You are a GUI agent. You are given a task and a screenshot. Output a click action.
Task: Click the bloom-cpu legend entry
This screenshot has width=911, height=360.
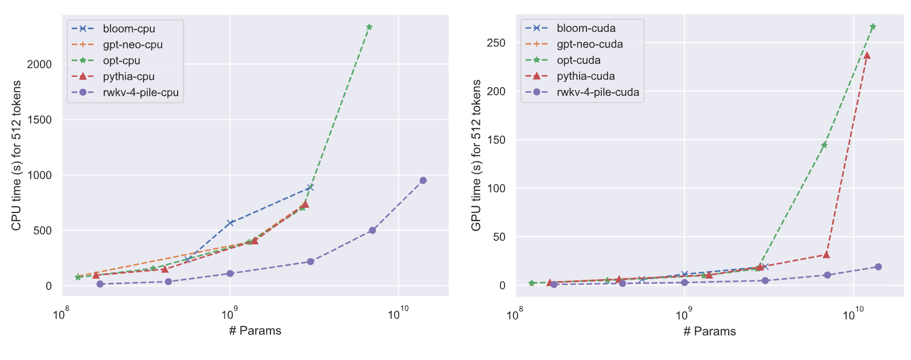(113, 29)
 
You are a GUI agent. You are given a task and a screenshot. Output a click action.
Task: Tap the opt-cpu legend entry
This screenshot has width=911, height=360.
(106, 60)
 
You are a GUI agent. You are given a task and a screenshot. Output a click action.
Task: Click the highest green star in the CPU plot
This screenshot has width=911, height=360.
(370, 27)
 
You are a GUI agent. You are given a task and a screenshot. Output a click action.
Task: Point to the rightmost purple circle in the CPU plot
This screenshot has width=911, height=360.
(423, 180)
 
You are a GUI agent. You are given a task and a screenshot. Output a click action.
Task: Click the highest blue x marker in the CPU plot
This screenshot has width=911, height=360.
(310, 187)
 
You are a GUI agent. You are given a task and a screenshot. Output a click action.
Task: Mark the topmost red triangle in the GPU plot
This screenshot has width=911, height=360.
(867, 55)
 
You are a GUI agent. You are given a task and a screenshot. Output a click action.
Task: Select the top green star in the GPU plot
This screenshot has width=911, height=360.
(872, 26)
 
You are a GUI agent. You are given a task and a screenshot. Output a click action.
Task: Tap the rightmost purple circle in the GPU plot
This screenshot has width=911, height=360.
(878, 267)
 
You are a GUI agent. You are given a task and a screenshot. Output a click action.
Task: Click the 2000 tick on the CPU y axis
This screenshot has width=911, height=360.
(39, 64)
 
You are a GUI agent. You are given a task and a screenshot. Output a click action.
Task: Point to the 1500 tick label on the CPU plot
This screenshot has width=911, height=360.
(39, 120)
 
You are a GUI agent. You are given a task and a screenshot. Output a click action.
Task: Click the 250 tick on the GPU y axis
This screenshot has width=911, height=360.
(496, 43)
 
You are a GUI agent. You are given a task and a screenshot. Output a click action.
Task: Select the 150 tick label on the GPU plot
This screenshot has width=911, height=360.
(496, 140)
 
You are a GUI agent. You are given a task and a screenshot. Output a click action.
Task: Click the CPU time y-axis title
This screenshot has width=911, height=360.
(16, 156)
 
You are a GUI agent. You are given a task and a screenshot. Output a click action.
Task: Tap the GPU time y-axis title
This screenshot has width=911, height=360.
(476, 156)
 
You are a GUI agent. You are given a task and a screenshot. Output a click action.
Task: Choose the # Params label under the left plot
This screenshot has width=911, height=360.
(255, 330)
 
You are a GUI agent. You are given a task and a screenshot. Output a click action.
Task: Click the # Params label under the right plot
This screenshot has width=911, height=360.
(709, 331)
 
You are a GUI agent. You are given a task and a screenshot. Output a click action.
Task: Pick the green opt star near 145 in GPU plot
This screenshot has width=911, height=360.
(824, 145)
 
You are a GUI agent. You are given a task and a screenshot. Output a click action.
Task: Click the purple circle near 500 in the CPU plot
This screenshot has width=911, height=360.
(372, 230)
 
